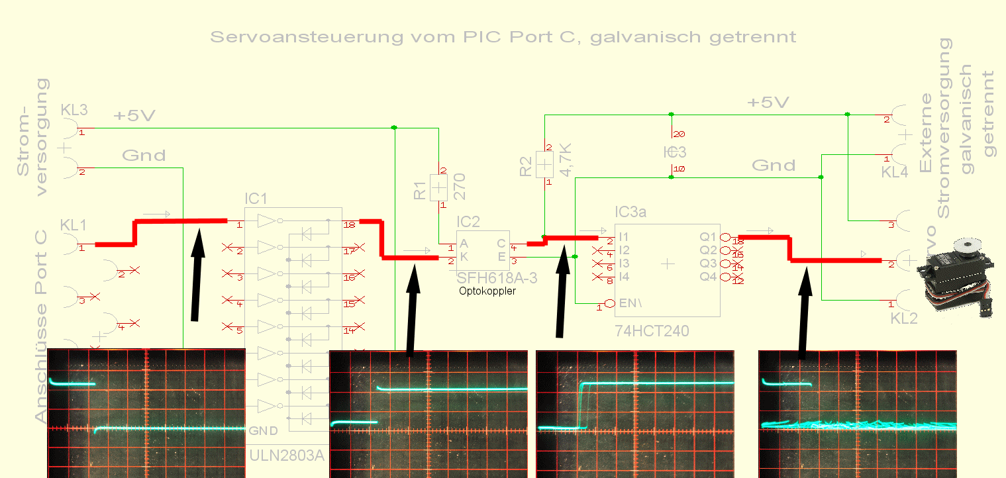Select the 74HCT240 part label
652,330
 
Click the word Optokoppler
487,291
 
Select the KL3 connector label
74,109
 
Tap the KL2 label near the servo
903,318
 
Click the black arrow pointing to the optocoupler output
562,291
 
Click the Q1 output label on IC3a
709,236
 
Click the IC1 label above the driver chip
256,198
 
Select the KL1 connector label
73,225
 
